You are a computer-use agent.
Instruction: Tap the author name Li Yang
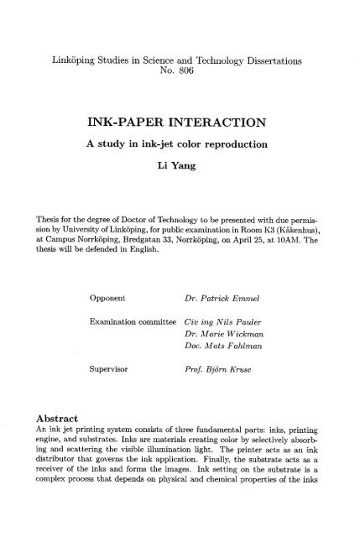pos(179,167)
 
